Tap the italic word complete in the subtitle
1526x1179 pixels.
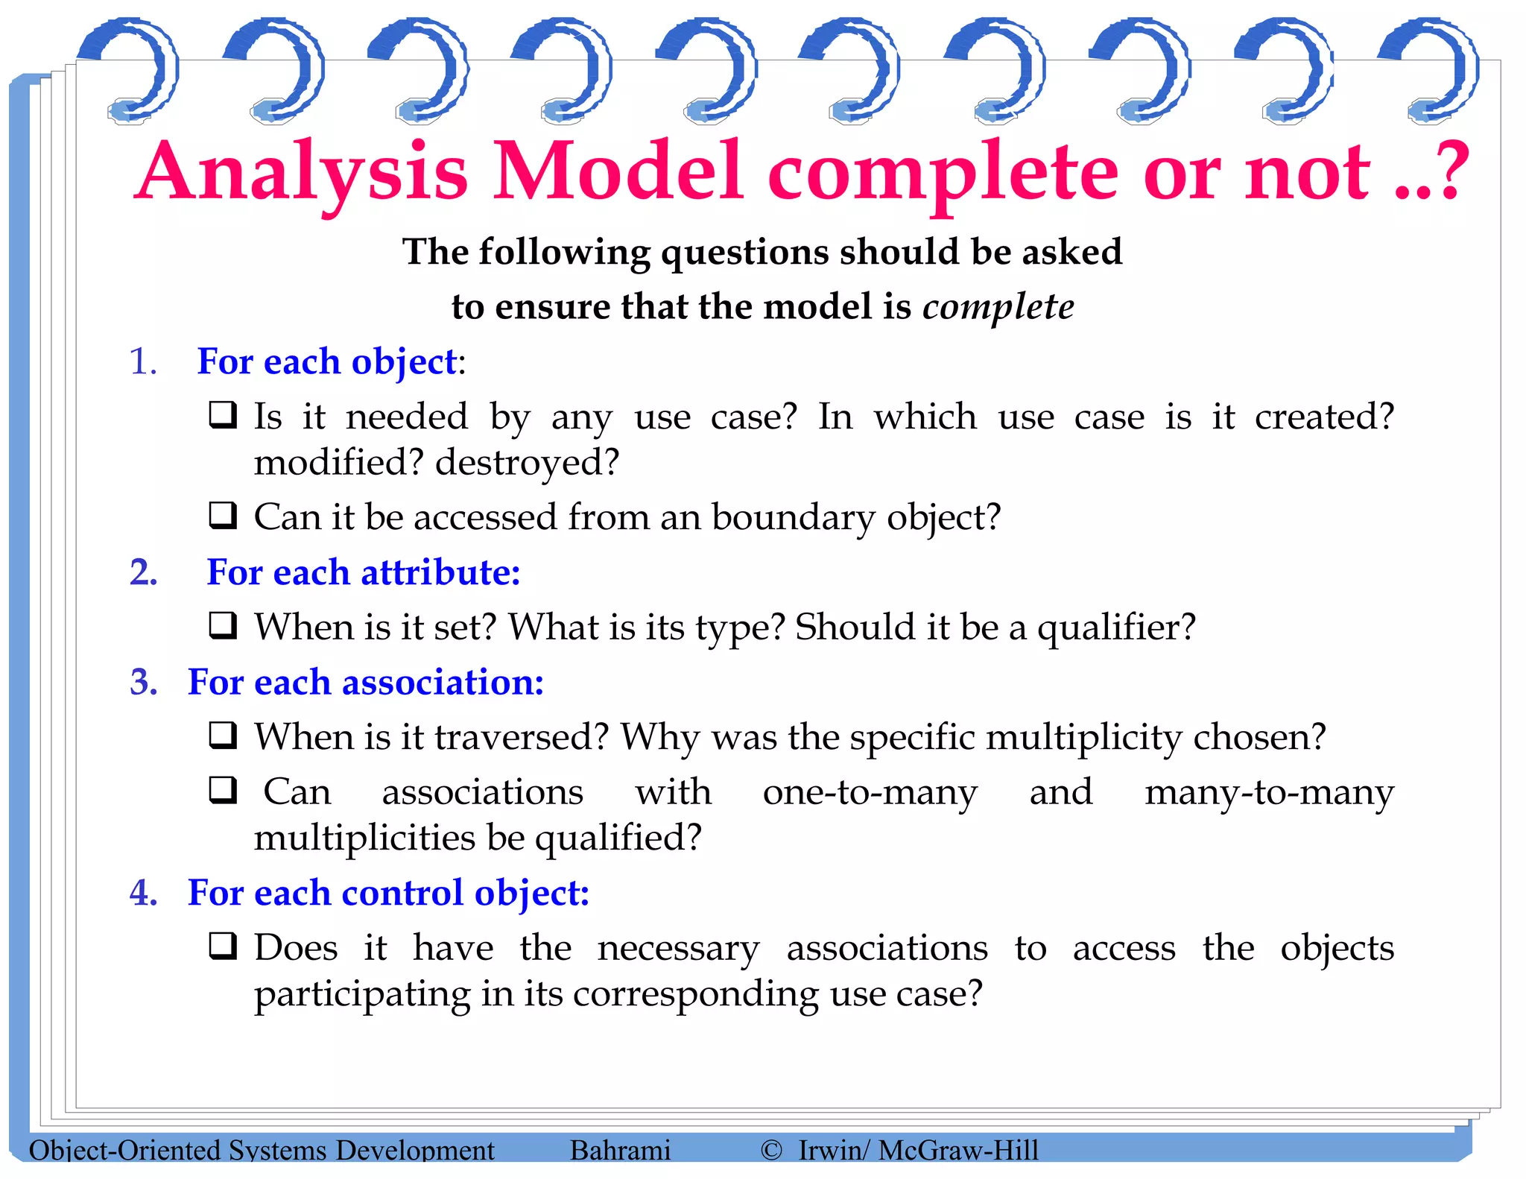click(998, 307)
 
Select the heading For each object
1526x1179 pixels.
click(326, 362)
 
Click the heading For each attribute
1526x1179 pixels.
click(363, 573)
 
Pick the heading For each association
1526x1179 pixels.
click(366, 683)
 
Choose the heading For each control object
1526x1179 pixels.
click(388, 893)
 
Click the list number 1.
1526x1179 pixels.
click(142, 362)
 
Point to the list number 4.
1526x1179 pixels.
click(144, 893)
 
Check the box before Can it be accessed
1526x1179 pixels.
click(223, 516)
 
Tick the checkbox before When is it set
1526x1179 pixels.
click(223, 626)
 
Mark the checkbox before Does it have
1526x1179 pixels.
click(223, 946)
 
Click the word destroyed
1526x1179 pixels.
click(527, 463)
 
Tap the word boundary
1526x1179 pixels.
click(793, 518)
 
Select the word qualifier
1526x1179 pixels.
click(1115, 628)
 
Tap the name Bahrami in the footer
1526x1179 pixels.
click(620, 1150)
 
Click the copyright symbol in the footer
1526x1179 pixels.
click(771, 1150)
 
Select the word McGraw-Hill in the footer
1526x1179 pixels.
click(958, 1150)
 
